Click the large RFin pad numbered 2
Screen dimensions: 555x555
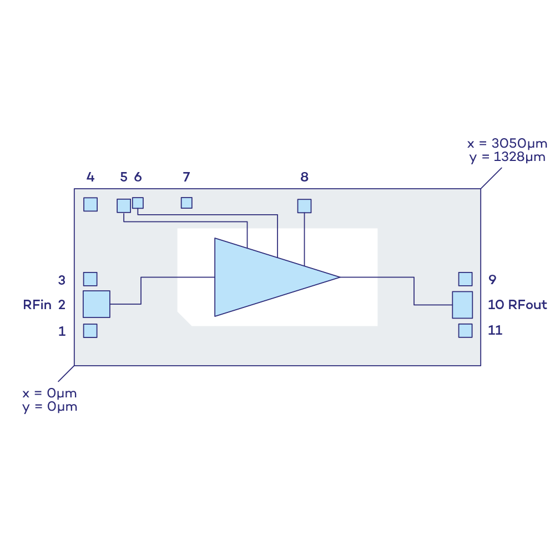pyautogui.click(x=97, y=304)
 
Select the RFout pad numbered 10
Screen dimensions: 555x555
pyautogui.click(x=462, y=305)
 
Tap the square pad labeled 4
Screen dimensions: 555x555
pyautogui.click(x=90, y=204)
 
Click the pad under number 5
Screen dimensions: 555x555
pyautogui.click(x=124, y=205)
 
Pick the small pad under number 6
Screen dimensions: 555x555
pyautogui.click(x=138, y=203)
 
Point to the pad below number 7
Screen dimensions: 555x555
pyautogui.click(x=186, y=203)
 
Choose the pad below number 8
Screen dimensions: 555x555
pyautogui.click(x=304, y=206)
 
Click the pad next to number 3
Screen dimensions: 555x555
pyautogui.click(x=90, y=279)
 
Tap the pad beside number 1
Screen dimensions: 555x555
pyautogui.click(x=90, y=331)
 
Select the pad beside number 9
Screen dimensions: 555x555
pyautogui.click(x=465, y=279)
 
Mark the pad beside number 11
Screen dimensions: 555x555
pyautogui.click(x=465, y=331)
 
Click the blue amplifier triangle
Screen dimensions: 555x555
pyautogui.click(x=266, y=277)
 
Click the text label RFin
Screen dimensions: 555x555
pyautogui.click(x=37, y=305)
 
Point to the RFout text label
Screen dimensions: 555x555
pyautogui.click(x=527, y=305)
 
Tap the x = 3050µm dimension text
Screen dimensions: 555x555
pyautogui.click(x=506, y=144)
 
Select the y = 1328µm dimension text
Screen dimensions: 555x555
pyautogui.click(x=507, y=157)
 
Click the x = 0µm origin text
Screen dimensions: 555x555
pyautogui.click(x=49, y=393)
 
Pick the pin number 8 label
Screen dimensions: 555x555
pyautogui.click(x=304, y=177)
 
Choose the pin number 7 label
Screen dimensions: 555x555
pyautogui.click(x=186, y=177)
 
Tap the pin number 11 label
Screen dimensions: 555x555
pyautogui.click(x=495, y=330)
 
